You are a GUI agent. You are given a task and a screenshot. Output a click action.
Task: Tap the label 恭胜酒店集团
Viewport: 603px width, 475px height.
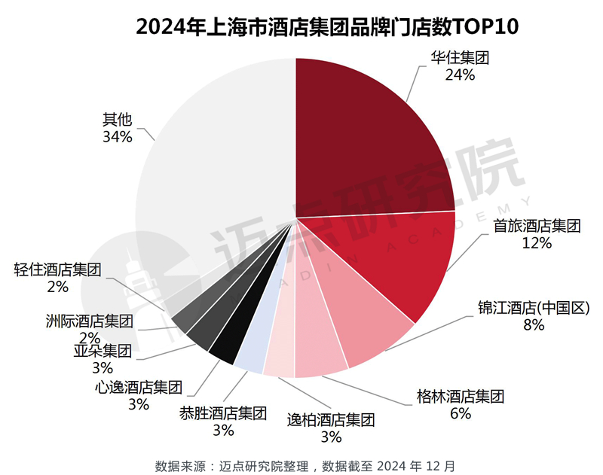pos(223,413)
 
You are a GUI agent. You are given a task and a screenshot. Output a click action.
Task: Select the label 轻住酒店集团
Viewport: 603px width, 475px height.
pos(57,269)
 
